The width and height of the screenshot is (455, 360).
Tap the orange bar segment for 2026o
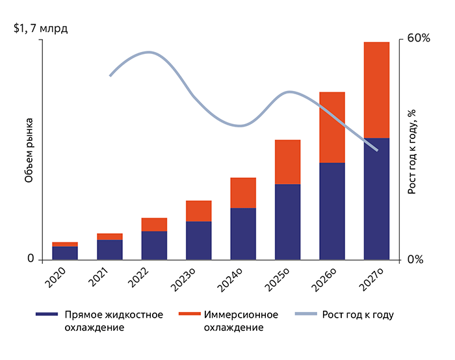[x=331, y=127]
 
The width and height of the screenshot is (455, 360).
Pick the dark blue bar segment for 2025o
[x=287, y=222]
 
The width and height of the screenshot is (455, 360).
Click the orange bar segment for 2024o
[x=243, y=192]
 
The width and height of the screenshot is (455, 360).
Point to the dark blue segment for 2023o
[x=198, y=240]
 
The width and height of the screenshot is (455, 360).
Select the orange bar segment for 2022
[x=154, y=224]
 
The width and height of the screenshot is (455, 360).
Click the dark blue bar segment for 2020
[x=65, y=253]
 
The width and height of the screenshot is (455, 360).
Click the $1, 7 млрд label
[x=40, y=29]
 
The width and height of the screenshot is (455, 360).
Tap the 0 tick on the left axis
[x=31, y=259]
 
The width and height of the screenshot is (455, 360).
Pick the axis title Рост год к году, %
[x=411, y=151]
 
